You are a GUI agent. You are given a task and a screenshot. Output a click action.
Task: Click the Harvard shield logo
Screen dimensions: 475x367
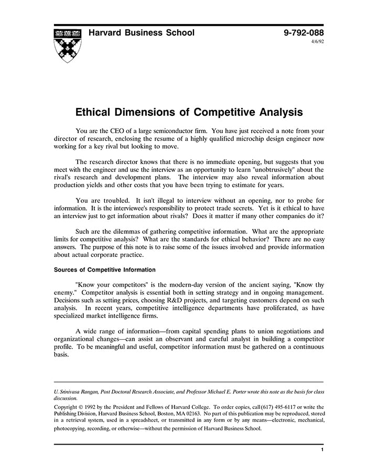tap(68, 45)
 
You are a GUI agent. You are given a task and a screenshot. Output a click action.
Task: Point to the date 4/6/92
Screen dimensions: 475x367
tap(318, 42)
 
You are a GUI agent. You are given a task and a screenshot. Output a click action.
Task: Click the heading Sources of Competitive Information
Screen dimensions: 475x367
tap(105, 270)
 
